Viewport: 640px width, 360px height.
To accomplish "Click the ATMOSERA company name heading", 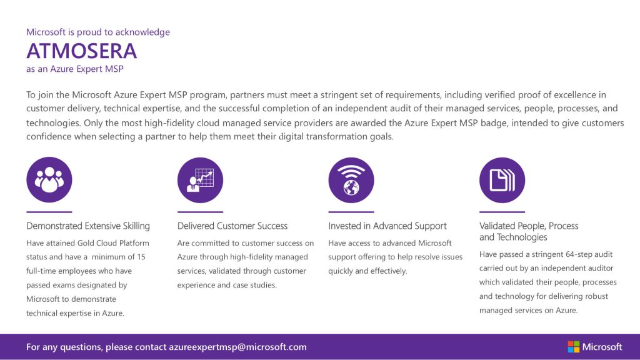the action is [x=82, y=51].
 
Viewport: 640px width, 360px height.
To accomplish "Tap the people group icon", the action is [x=49, y=179].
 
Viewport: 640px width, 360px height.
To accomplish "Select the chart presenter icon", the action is [x=201, y=180].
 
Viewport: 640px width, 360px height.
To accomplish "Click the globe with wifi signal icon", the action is [x=351, y=180].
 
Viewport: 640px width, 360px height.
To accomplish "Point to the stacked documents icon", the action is [x=502, y=180].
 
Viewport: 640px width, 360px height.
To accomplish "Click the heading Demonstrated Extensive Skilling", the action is [x=88, y=226].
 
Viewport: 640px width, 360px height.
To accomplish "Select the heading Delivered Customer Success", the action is [x=232, y=226].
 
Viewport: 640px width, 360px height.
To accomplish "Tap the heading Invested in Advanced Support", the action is [x=387, y=226].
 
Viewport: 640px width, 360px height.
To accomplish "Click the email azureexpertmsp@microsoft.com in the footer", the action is [x=238, y=347].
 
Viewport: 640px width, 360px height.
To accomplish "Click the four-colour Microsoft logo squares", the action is [x=574, y=347].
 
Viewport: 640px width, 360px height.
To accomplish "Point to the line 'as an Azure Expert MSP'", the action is [x=75, y=69].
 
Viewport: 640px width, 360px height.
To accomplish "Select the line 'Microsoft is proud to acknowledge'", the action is [x=98, y=32].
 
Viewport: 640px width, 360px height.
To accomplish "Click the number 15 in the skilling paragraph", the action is [x=141, y=257].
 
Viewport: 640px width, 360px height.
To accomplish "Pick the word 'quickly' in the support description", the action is [x=341, y=271].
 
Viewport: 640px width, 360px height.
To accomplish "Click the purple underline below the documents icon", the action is [x=502, y=212].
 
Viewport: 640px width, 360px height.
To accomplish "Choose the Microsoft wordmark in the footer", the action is [x=602, y=347].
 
